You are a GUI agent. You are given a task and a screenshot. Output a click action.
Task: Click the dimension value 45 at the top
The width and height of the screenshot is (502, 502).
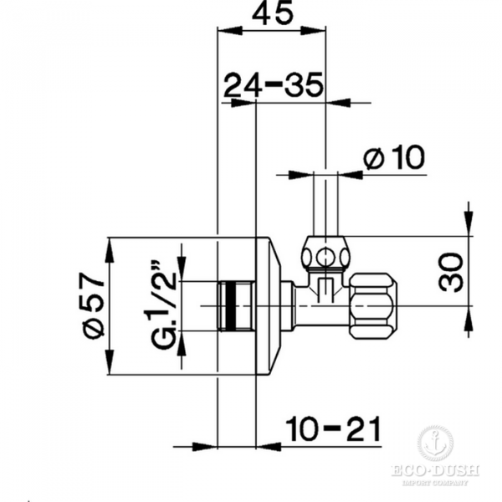pyautogui.click(x=272, y=14)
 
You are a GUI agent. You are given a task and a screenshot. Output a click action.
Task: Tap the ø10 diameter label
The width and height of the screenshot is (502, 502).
pyautogui.click(x=395, y=156)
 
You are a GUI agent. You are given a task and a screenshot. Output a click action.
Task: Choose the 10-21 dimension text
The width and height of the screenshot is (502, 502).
pyautogui.click(x=332, y=429)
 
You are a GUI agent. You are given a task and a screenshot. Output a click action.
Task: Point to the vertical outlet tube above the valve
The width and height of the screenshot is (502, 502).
pyautogui.click(x=325, y=205)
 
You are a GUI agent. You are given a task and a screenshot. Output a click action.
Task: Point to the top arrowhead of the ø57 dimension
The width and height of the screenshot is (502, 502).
pyautogui.click(x=110, y=246)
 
